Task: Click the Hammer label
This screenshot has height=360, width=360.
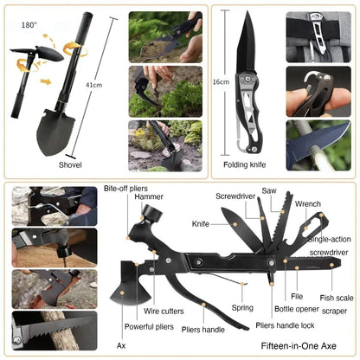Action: point(148,197)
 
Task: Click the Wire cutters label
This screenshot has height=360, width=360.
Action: point(162,309)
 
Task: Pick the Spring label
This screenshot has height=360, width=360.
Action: point(242,307)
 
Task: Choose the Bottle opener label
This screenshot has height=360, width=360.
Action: point(297,309)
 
